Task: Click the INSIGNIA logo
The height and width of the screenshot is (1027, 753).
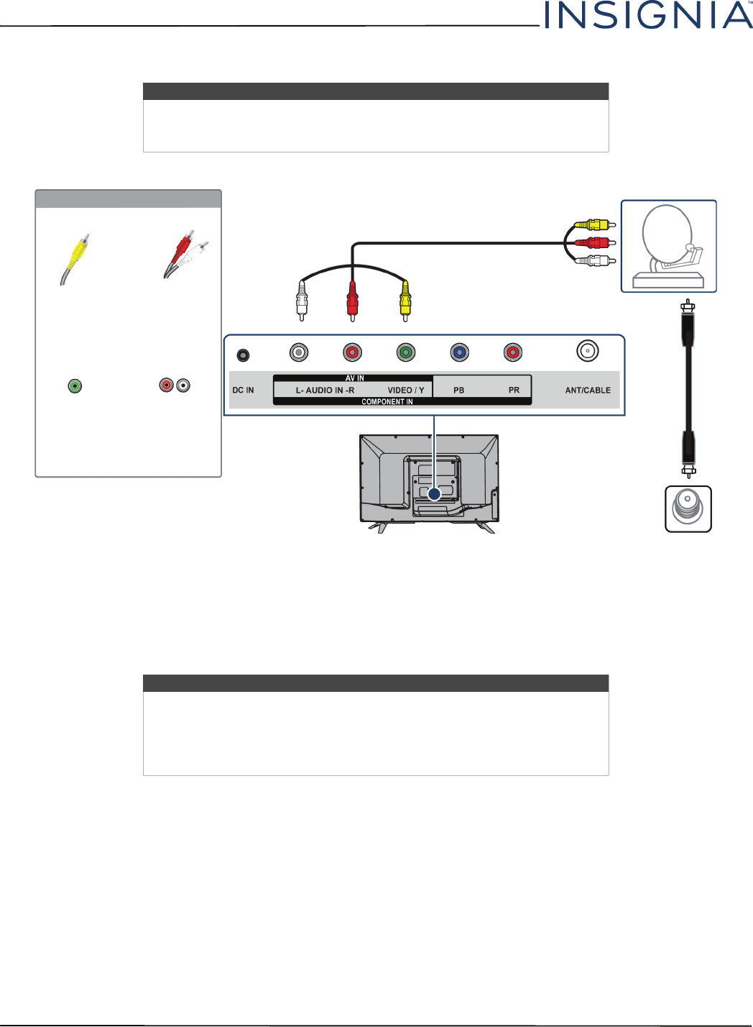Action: pyautogui.click(x=648, y=16)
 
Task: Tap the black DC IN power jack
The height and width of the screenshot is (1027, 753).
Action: pyautogui.click(x=244, y=355)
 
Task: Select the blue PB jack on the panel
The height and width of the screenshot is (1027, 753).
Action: pyautogui.click(x=459, y=352)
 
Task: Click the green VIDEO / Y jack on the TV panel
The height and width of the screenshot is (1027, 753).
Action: pyautogui.click(x=406, y=352)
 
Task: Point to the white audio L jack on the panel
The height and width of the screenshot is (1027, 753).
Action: pyautogui.click(x=299, y=352)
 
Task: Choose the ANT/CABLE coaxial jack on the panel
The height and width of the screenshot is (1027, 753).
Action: pyautogui.click(x=588, y=351)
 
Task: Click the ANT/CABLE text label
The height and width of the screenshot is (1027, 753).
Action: pyautogui.click(x=588, y=391)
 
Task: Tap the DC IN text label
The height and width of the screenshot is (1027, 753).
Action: pyautogui.click(x=243, y=391)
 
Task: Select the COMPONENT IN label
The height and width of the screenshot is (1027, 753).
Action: pyautogui.click(x=387, y=402)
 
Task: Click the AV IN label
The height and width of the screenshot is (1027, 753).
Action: pyautogui.click(x=355, y=378)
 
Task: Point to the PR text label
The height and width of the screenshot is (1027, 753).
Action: pyautogui.click(x=514, y=391)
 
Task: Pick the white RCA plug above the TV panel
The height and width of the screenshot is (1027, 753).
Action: pyautogui.click(x=302, y=301)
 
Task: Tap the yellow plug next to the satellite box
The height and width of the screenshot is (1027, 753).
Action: pyautogui.click(x=593, y=225)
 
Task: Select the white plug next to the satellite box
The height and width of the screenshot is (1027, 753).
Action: pyautogui.click(x=593, y=260)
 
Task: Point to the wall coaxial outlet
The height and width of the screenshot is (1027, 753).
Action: pyautogui.click(x=688, y=508)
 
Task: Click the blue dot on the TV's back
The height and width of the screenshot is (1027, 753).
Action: pyautogui.click(x=434, y=494)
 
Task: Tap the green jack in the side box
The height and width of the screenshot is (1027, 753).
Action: pyautogui.click(x=75, y=386)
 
